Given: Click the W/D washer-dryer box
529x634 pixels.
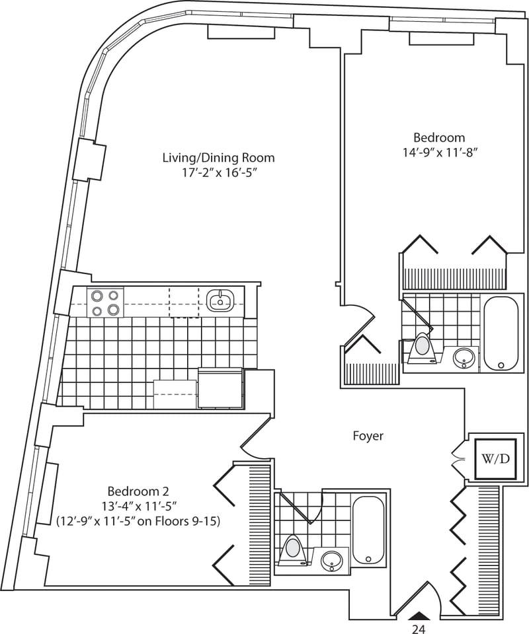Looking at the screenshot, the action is pos(495,459).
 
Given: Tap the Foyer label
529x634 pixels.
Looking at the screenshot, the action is pos(368,436).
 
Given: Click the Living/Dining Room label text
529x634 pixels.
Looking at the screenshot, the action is pos(219,157).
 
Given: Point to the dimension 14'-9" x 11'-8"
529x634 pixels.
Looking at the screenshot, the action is pos(439,153).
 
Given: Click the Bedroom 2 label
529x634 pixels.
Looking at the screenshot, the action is pos(138,491).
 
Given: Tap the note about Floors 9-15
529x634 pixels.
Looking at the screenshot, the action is pos(138,522).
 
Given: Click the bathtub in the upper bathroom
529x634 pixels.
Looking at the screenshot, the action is pos(501,334).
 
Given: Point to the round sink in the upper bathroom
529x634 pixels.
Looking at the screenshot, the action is pos(464,358).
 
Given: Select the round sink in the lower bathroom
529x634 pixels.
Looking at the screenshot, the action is pos(331,561).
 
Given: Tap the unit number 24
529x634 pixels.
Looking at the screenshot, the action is pos(419,629).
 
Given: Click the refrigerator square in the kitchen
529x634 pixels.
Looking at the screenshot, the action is pos(220,388).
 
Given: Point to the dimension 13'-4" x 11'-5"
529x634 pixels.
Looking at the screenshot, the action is pos(138,507).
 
